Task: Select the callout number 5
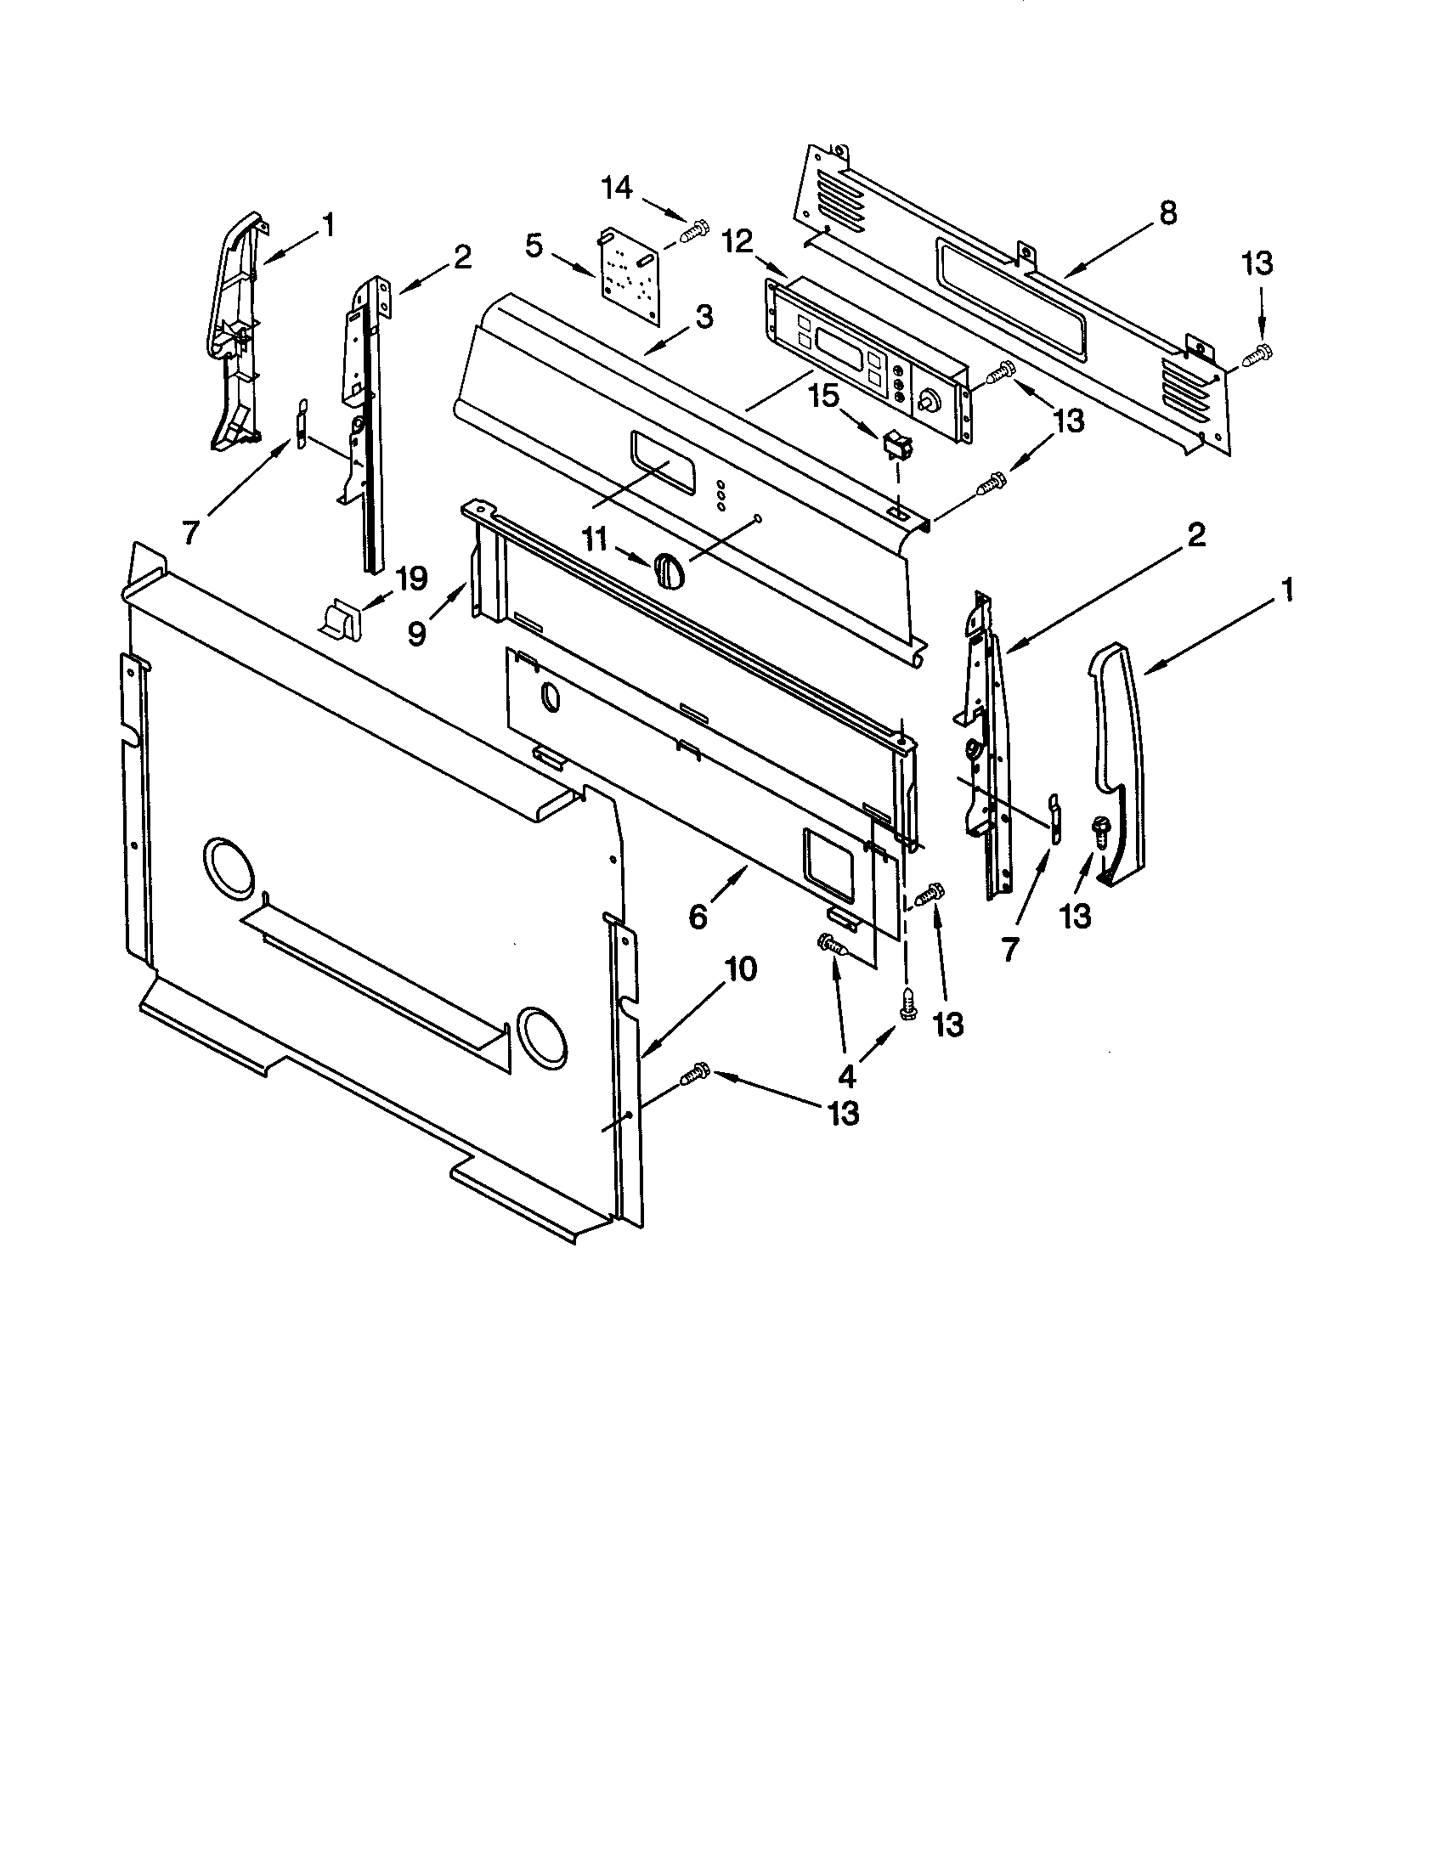coord(533,246)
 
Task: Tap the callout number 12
coord(738,242)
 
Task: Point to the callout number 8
coord(1167,213)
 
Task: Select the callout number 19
coord(410,579)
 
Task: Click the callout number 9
coord(416,633)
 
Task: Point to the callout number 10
coord(742,969)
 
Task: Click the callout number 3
coord(703,318)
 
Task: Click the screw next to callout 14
coord(696,229)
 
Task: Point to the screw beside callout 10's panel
coord(695,1076)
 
